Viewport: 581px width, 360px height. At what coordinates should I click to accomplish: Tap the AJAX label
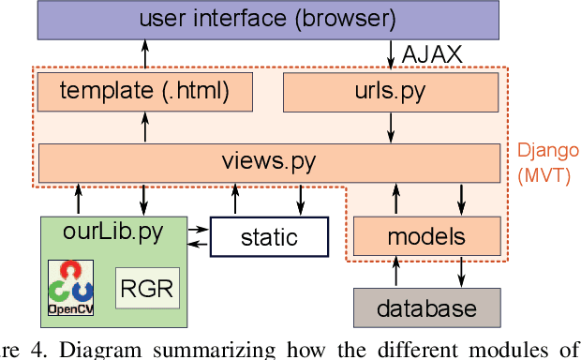(431, 55)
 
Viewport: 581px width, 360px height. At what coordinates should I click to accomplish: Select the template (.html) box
(144, 91)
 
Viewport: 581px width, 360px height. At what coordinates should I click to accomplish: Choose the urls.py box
(389, 91)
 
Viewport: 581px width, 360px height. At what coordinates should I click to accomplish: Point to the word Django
(548, 151)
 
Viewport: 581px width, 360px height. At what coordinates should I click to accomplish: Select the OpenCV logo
(71, 288)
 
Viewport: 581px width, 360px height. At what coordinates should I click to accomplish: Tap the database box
(426, 307)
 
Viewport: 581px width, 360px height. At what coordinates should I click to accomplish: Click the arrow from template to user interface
(145, 56)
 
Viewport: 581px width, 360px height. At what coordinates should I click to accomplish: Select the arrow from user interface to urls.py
(389, 56)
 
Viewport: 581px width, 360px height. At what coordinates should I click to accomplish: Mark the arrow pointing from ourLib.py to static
(198, 227)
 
